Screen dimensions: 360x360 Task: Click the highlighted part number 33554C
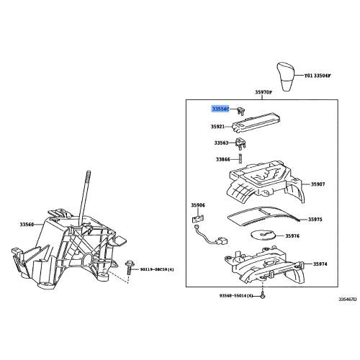point(220,109)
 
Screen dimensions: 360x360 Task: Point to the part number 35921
point(218,126)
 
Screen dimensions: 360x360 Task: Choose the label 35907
point(318,184)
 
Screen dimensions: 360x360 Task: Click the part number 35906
point(198,205)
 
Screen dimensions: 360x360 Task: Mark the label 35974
point(320,265)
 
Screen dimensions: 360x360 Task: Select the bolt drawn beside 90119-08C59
point(130,269)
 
